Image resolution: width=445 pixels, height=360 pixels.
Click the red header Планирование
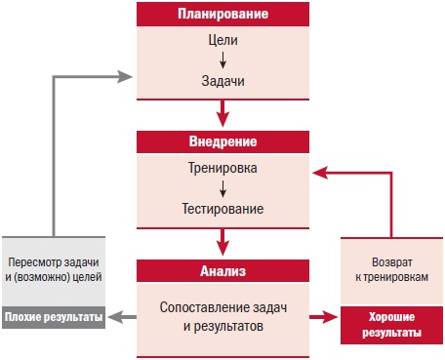coord(223,16)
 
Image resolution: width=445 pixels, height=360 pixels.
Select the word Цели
coord(223,43)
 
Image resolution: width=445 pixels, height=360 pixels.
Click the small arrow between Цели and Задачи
coord(223,63)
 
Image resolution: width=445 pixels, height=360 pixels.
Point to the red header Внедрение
coord(223,141)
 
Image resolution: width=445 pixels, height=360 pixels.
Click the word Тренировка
coord(223,168)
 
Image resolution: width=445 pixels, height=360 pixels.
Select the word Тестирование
coord(223,209)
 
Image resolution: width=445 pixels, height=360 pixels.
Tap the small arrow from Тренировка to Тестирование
coord(223,188)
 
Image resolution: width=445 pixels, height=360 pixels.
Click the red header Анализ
coord(223,268)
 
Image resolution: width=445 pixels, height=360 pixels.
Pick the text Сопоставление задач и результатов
coord(223,316)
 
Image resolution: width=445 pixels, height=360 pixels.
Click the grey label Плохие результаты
coord(54,317)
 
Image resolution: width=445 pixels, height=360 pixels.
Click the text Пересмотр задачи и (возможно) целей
coord(54,270)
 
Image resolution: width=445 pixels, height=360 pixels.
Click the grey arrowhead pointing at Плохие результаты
coord(113,317)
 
